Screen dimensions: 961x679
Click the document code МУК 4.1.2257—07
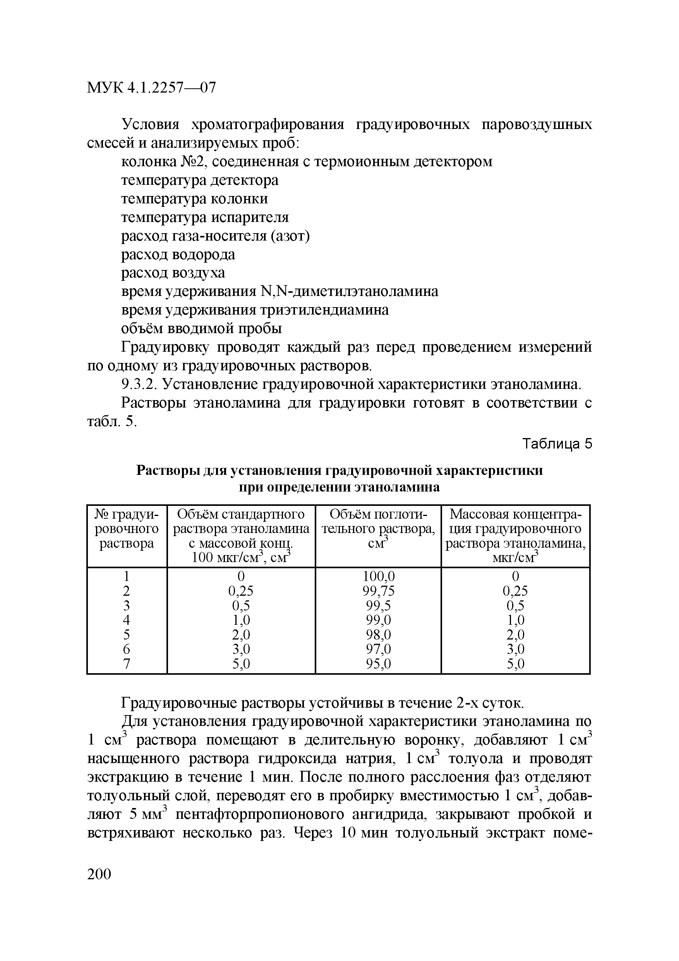click(151, 88)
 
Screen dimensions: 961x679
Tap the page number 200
click(99, 874)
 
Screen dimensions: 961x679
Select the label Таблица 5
click(558, 444)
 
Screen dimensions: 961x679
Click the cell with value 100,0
click(378, 577)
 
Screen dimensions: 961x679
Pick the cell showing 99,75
click(378, 591)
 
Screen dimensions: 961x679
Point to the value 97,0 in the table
click(378, 649)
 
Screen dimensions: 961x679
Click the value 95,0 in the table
click(378, 664)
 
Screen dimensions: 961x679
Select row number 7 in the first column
click(127, 664)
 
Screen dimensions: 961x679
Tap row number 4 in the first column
click(127, 620)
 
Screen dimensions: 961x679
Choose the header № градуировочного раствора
click(127, 529)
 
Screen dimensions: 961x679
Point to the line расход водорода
click(178, 254)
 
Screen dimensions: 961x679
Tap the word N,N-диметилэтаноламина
click(349, 291)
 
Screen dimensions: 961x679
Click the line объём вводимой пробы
click(202, 328)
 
